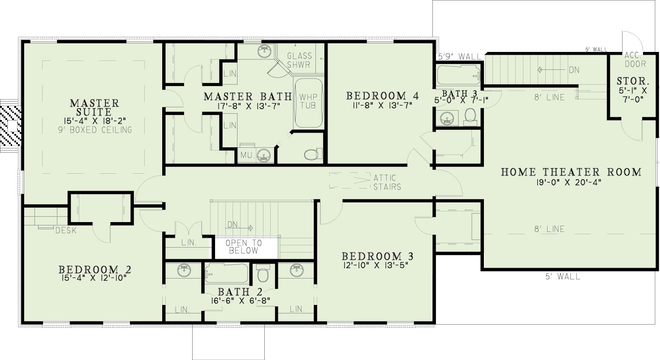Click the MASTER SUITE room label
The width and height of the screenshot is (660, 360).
click(94, 107)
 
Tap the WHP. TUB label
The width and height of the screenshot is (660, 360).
click(308, 101)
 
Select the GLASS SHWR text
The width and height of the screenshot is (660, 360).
click(299, 60)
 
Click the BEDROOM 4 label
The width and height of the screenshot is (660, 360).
click(383, 96)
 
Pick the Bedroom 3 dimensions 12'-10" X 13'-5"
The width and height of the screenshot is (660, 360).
click(375, 265)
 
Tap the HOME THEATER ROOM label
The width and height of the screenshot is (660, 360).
click(571, 172)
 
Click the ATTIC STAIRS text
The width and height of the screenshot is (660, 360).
click(387, 182)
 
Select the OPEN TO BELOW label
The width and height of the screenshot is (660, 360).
click(244, 247)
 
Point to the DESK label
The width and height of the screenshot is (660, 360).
click(66, 231)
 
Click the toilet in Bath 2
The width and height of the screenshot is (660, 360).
click(263, 273)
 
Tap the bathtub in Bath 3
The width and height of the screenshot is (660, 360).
click(458, 75)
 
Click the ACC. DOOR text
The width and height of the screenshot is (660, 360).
click(635, 60)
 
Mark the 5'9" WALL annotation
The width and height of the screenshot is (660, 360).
click(459, 56)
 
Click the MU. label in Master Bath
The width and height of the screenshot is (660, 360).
click(247, 155)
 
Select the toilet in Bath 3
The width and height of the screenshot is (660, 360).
click(470, 117)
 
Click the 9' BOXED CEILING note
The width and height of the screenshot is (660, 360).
click(95, 130)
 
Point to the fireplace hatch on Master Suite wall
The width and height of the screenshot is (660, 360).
click(11, 126)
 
